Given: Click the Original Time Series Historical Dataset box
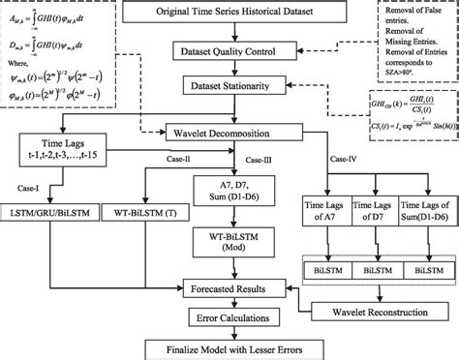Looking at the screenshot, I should [229, 15].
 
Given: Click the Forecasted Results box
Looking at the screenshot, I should [229, 287].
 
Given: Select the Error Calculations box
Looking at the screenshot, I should [229, 315].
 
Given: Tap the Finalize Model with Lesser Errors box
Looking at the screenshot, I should [229, 347].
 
